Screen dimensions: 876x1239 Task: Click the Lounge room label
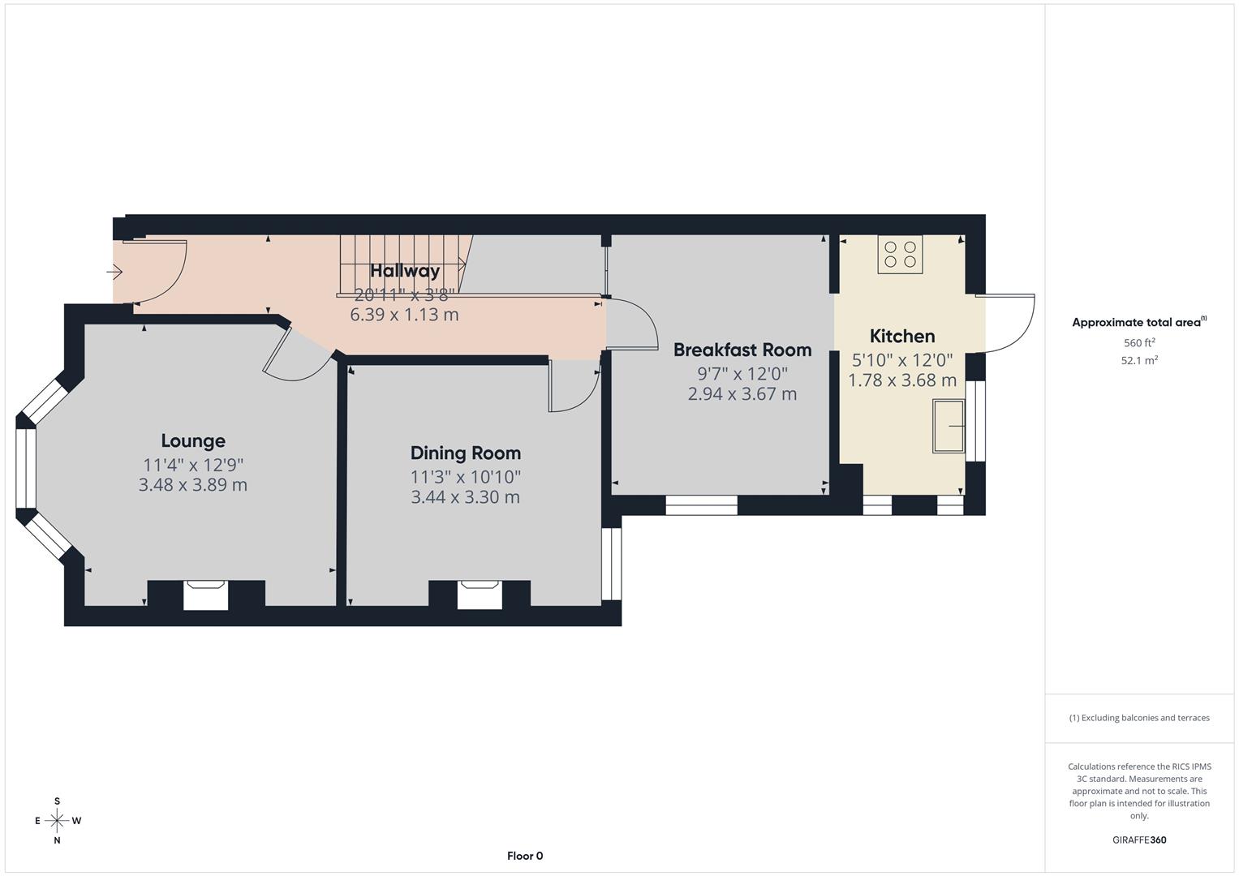coord(193,441)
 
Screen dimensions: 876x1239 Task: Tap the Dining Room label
coord(465,453)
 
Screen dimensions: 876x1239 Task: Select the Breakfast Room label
coord(742,350)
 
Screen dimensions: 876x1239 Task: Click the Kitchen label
coord(901,337)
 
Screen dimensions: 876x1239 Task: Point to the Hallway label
coord(405,271)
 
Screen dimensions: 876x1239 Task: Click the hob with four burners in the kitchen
coord(900,255)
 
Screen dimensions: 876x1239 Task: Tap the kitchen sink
coord(948,425)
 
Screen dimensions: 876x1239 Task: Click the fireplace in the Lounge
coord(205,595)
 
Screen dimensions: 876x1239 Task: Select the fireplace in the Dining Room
coord(480,595)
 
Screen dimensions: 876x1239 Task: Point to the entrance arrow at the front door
coord(114,271)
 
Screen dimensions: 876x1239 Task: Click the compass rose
coord(57,821)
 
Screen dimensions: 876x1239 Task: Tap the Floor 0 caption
coord(525,856)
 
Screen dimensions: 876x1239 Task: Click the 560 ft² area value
coord(1139,343)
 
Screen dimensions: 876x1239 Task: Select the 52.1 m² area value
coord(1139,361)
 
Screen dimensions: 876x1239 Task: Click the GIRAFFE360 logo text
coord(1139,840)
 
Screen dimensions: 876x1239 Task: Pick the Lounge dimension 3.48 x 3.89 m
coord(193,485)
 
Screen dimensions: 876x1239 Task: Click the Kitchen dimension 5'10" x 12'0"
coord(901,360)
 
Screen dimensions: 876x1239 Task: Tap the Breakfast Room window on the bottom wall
coord(701,505)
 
